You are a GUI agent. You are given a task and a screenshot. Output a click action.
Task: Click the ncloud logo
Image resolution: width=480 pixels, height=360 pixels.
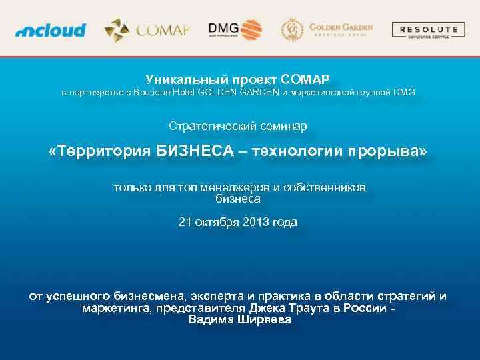pyautogui.click(x=51, y=30)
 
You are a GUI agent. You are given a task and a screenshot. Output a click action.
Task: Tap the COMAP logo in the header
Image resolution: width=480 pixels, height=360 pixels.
pyautogui.click(x=147, y=30)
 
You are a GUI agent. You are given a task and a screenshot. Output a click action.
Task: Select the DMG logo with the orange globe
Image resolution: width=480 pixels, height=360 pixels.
pyautogui.click(x=235, y=29)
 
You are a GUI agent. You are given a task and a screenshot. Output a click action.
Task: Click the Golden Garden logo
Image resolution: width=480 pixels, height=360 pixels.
pyautogui.click(x=327, y=30)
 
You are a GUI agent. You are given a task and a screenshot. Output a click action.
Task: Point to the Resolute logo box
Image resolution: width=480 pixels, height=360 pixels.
pyautogui.click(x=428, y=30)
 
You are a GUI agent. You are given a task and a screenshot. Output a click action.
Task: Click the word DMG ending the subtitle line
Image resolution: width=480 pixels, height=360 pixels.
pyautogui.click(x=404, y=93)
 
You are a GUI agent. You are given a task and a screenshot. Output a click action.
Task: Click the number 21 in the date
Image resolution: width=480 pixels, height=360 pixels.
pyautogui.click(x=185, y=222)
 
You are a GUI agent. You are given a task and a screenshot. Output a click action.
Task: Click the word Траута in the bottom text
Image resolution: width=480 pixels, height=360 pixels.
pyautogui.click(x=310, y=308)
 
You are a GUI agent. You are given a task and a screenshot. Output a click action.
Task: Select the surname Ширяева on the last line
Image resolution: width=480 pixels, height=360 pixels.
pyautogui.click(x=264, y=319)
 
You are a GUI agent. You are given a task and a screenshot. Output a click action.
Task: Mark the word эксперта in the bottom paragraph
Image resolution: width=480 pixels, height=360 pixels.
pyautogui.click(x=215, y=296)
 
